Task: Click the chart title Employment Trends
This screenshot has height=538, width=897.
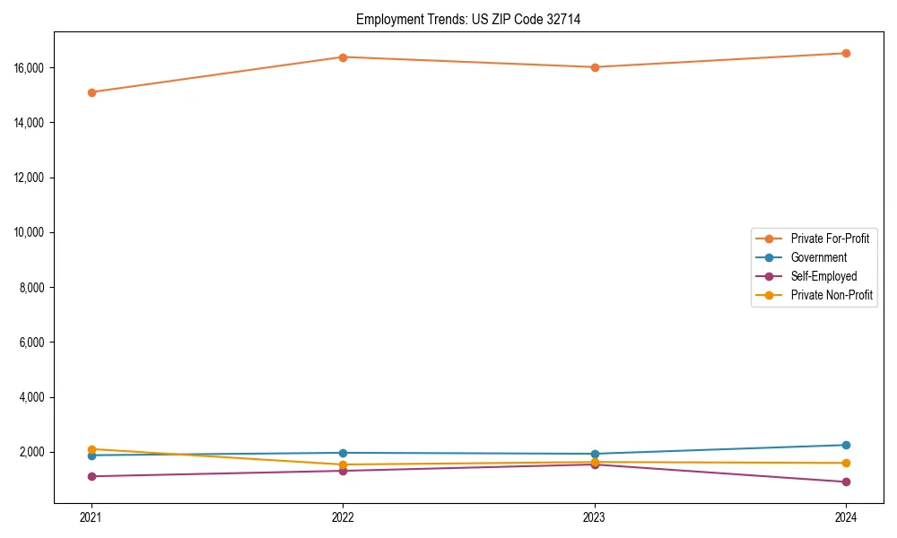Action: pyautogui.click(x=468, y=19)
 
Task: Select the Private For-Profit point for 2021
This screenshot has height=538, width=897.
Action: pyautogui.click(x=91, y=92)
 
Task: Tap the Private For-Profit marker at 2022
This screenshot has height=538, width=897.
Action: pyautogui.click(x=343, y=57)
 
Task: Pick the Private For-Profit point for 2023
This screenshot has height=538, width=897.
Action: pyautogui.click(x=595, y=67)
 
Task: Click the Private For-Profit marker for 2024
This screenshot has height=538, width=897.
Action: pyautogui.click(x=846, y=53)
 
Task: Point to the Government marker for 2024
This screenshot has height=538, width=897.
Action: pyautogui.click(x=846, y=445)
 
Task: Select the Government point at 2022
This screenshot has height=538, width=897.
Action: pyautogui.click(x=343, y=453)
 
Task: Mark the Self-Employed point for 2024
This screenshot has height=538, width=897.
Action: pyautogui.click(x=846, y=482)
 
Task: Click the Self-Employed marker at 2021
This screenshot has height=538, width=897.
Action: pyautogui.click(x=91, y=476)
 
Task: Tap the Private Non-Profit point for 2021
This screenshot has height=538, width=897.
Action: pyautogui.click(x=91, y=449)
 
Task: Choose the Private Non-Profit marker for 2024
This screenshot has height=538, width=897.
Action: pyautogui.click(x=846, y=463)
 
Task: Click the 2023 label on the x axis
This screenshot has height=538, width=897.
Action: pyautogui.click(x=595, y=517)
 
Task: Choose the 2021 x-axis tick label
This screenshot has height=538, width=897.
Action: pyautogui.click(x=91, y=517)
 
